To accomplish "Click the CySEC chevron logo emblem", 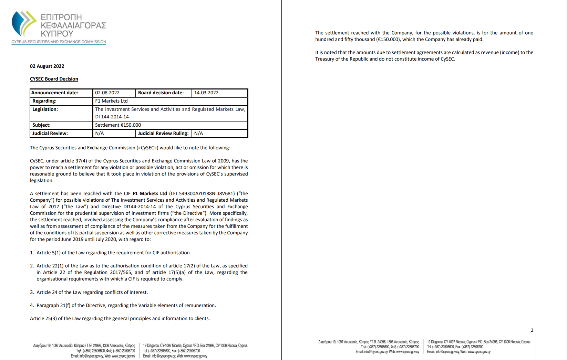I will [23, 23].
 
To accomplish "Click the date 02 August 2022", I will [47, 66].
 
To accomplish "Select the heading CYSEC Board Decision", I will [54, 79].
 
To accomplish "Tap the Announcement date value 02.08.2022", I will [107, 93].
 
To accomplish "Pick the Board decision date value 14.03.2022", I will [206, 93].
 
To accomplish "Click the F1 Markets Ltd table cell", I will [111, 101].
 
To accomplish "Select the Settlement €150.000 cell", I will [118, 125].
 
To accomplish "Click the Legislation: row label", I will [45, 109].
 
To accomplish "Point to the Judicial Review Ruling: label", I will [163, 133].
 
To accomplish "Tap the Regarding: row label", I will [44, 101].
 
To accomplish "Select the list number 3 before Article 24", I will [32, 292].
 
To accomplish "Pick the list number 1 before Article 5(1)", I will [32, 253].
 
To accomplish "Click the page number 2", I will [532, 330].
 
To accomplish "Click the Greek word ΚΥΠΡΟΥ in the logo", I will [57, 34].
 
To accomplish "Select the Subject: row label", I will [41, 125].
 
